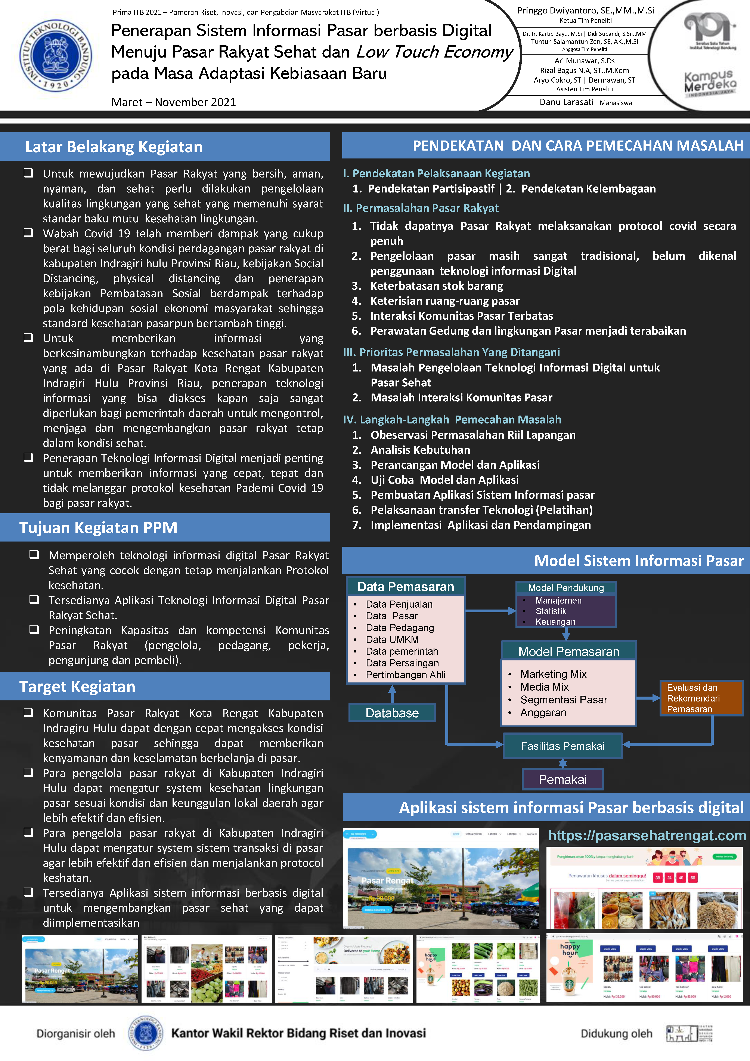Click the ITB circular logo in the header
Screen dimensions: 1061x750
pyautogui.click(x=55, y=55)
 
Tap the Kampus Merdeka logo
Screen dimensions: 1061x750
pyautogui.click(x=710, y=83)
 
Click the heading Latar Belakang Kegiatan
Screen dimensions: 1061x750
pyautogui.click(x=114, y=147)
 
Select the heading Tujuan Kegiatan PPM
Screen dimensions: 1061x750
pyautogui.click(x=98, y=528)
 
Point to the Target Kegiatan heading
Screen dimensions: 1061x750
pyautogui.click(x=77, y=687)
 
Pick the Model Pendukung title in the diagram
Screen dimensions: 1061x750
pyautogui.click(x=566, y=588)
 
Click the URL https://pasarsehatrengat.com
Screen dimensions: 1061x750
pyautogui.click(x=647, y=836)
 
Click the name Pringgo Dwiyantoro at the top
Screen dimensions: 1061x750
pyautogui.click(x=585, y=11)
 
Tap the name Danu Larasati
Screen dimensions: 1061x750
pyautogui.click(x=566, y=102)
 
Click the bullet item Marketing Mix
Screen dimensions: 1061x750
pyautogui.click(x=553, y=674)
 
